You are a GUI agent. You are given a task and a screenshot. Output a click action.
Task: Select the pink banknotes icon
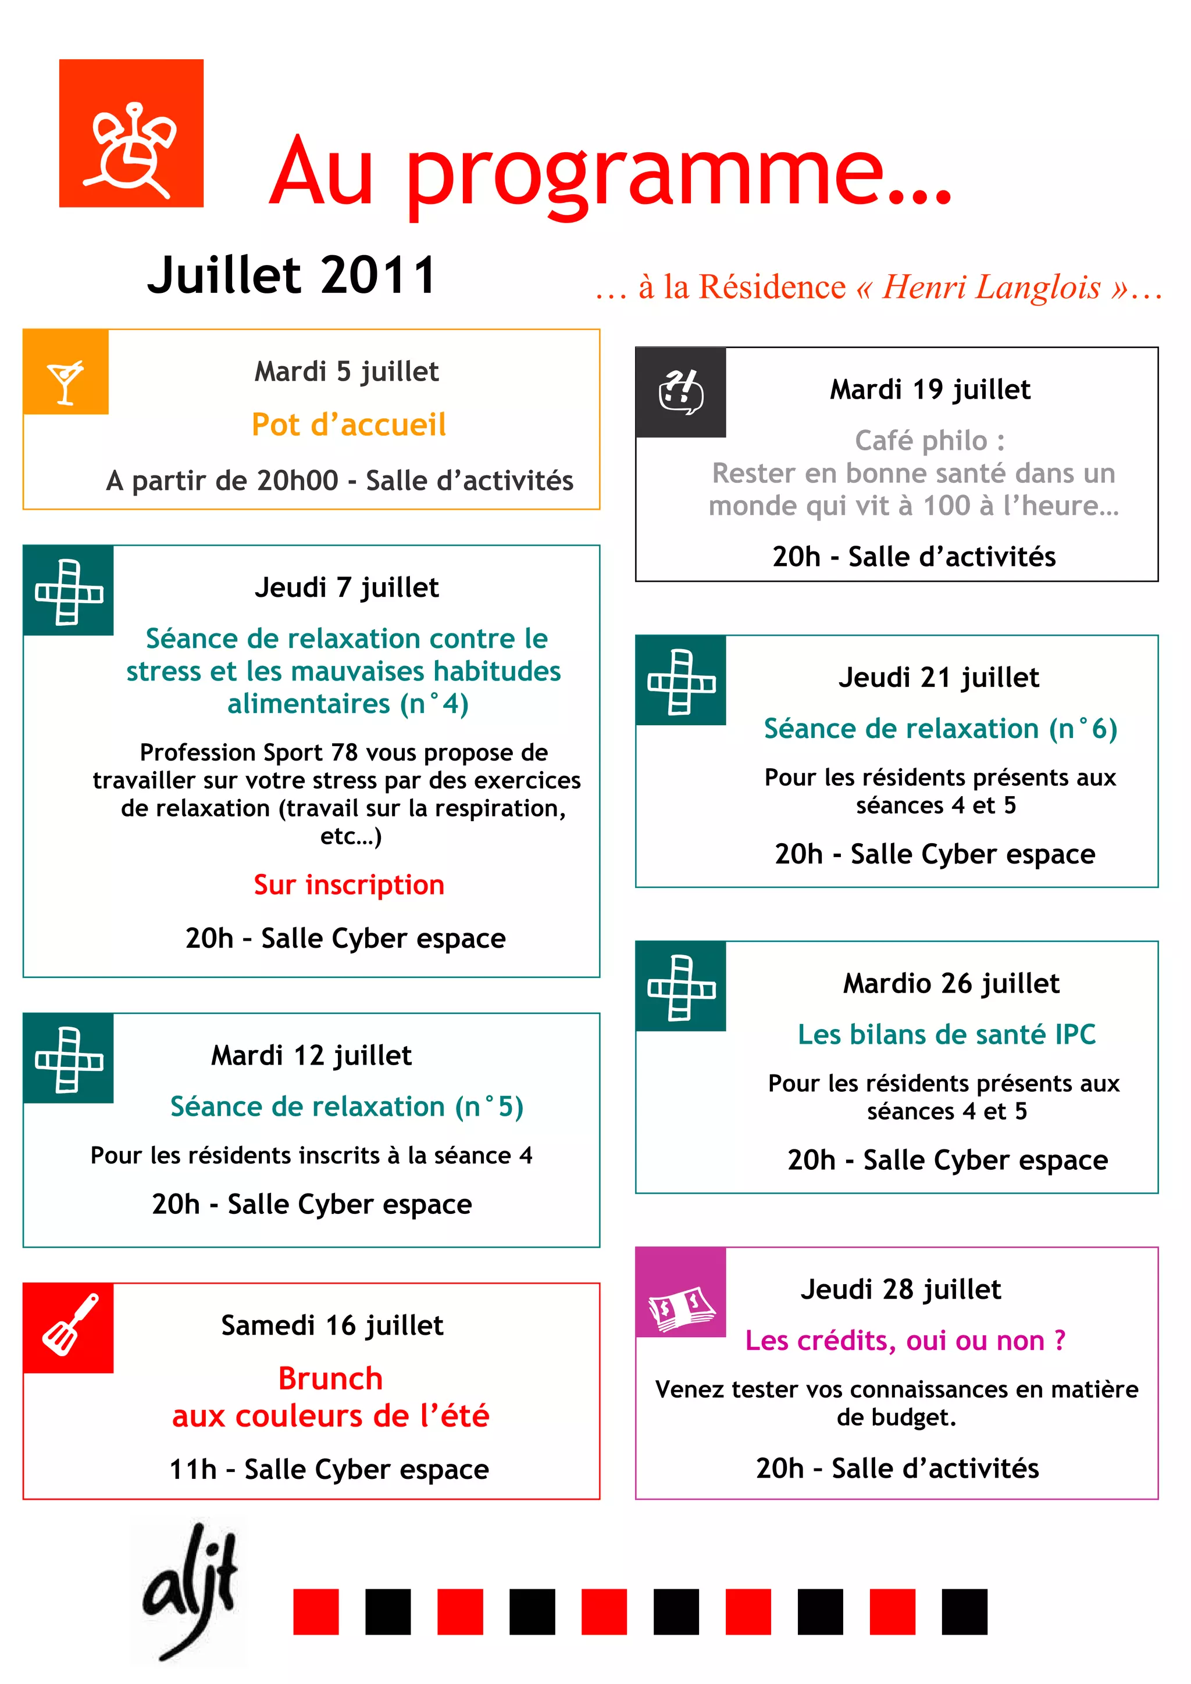[680, 1292]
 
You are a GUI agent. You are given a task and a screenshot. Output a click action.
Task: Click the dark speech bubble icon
[680, 392]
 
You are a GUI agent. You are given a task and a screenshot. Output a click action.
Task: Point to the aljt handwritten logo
[190, 1590]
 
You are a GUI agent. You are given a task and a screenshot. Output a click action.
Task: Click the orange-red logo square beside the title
[131, 134]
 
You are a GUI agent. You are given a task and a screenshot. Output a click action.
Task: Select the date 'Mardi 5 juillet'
[347, 372]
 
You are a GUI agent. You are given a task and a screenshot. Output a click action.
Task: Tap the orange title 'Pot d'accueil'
[348, 425]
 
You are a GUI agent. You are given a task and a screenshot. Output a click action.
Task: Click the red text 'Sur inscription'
[348, 884]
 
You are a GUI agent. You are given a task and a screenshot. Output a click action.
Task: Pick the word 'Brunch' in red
[330, 1378]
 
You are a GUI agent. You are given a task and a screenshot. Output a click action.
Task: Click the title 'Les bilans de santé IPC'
[947, 1034]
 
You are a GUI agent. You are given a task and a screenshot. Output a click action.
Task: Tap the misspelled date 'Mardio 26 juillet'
[951, 983]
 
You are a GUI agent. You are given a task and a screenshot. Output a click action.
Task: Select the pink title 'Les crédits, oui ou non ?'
[905, 1340]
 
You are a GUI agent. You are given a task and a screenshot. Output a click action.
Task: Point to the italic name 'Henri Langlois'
[992, 287]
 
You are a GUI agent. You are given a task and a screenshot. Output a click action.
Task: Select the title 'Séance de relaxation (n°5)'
[347, 1106]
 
